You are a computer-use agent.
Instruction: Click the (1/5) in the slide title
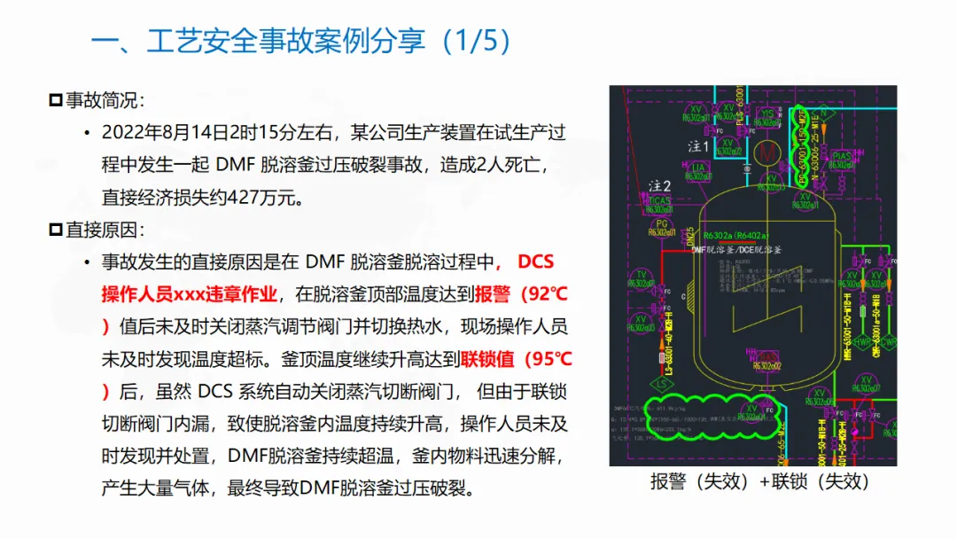(478, 41)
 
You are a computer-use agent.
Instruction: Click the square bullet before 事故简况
(56, 100)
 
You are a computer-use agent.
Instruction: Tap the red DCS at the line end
(535, 262)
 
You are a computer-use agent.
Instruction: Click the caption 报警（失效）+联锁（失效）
(759, 482)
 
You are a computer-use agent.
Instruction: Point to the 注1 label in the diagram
(699, 145)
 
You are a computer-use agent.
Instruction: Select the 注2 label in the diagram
(659, 185)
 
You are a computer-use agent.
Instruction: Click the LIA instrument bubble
(699, 168)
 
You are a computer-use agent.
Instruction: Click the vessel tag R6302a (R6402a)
(736, 236)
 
